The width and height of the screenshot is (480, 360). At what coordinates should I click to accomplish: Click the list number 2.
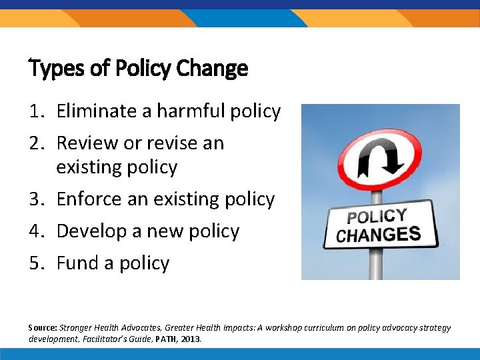pyautogui.click(x=37, y=143)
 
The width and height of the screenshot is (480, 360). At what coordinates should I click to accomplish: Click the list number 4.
pyautogui.click(x=37, y=231)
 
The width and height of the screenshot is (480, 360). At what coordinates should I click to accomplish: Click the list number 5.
pyautogui.click(x=37, y=263)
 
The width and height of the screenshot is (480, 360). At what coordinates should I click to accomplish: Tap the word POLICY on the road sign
pyautogui.click(x=377, y=217)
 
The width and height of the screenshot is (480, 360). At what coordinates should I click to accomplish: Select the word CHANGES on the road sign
pyautogui.click(x=379, y=235)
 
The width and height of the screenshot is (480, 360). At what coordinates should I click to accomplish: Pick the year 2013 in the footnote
pyautogui.click(x=190, y=339)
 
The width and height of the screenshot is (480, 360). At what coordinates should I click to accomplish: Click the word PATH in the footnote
pyautogui.click(x=164, y=339)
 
